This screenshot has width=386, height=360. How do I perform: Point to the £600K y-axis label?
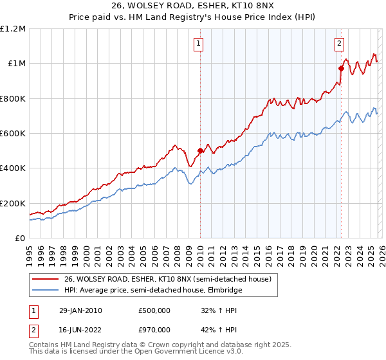[13, 134]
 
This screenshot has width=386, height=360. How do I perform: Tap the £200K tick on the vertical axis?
[13, 203]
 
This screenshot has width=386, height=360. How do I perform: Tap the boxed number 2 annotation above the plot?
[339, 44]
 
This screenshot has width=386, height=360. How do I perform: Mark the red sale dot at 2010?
[200, 151]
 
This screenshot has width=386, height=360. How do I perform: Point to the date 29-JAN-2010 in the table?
[79, 310]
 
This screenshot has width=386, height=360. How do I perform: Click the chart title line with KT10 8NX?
[193, 7]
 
